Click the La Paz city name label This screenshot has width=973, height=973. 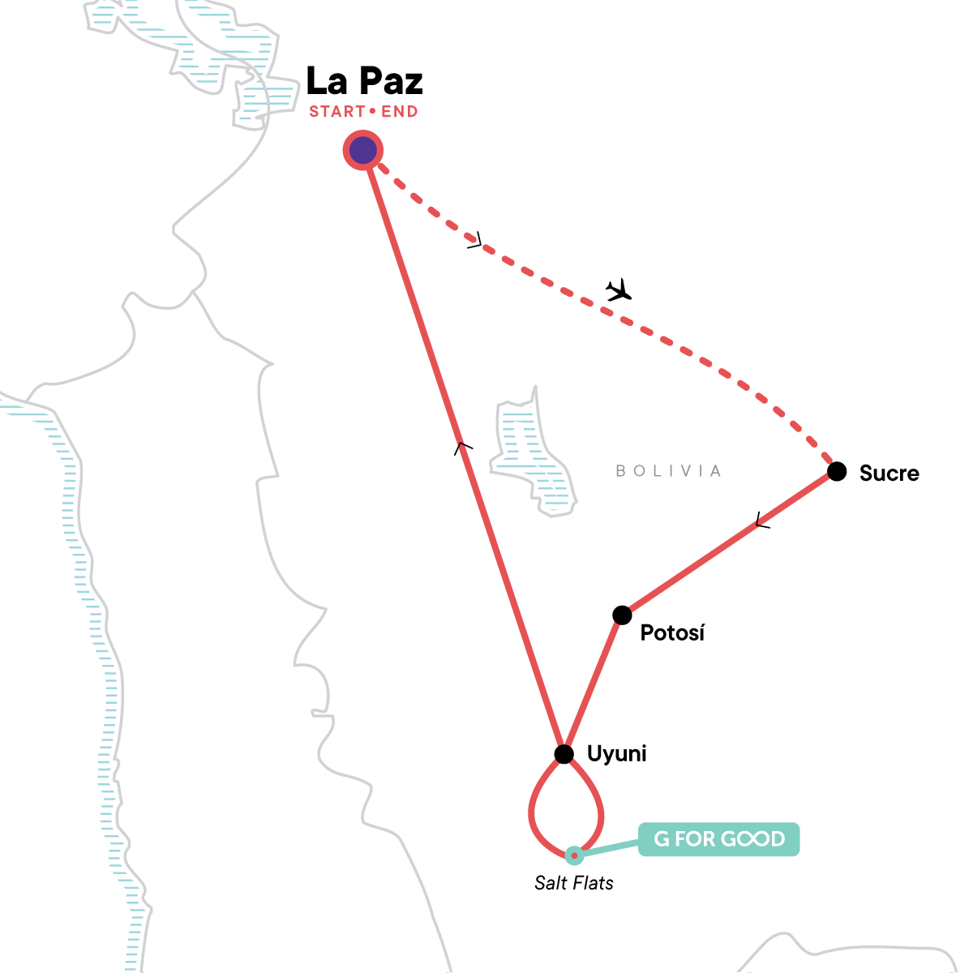(364, 81)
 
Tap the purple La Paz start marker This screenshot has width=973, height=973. (363, 150)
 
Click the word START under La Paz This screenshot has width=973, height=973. (336, 112)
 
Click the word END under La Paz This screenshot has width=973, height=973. (400, 112)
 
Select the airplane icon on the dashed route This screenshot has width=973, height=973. (619, 289)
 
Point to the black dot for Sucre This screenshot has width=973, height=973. (837, 471)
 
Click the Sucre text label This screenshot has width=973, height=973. (889, 474)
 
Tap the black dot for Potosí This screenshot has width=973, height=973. (622, 615)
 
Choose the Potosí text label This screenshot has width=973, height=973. (672, 633)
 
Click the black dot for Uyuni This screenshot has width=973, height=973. (564, 755)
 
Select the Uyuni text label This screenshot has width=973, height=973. (616, 754)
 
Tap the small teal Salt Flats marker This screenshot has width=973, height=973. (573, 855)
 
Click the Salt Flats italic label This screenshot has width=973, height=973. (573, 883)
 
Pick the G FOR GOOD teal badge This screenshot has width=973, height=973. (718, 839)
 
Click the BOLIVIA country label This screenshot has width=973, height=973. (668, 471)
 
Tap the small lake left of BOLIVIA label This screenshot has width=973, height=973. (531, 454)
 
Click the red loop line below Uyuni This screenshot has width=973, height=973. (532, 811)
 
